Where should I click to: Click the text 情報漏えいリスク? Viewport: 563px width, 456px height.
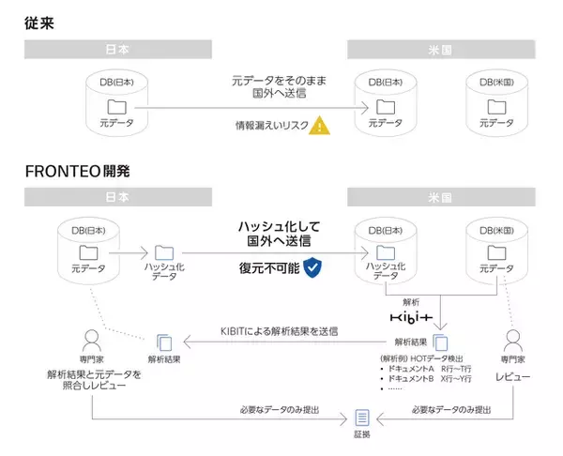[x=271, y=125]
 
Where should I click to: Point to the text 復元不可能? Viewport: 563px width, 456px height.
[x=269, y=269]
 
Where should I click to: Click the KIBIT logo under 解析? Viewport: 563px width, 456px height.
[x=412, y=319]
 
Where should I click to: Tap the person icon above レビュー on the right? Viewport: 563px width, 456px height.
[x=512, y=340]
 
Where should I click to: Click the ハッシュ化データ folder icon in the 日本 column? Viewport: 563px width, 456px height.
[x=165, y=251]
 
